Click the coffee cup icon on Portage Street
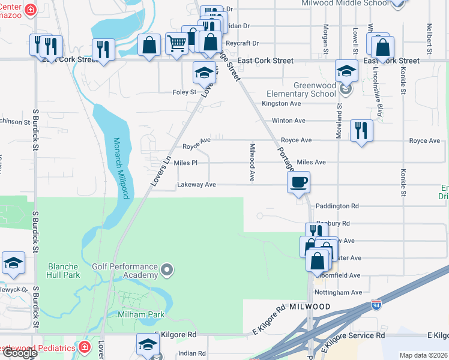coord(299,181)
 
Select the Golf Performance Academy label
coord(125,270)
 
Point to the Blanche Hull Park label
coord(63,271)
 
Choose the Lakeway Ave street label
coord(196,185)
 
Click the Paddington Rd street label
coord(337,206)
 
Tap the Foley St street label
coord(185,92)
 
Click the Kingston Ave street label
coord(282,103)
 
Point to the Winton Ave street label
coord(289,121)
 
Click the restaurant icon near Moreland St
coord(361,130)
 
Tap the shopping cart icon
coord(176,44)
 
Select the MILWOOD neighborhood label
coord(308,307)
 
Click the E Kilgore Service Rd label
coord(355,335)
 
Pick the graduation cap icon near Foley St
coord(204,73)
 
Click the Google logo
coord(20,353)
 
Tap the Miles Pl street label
coord(185,163)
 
